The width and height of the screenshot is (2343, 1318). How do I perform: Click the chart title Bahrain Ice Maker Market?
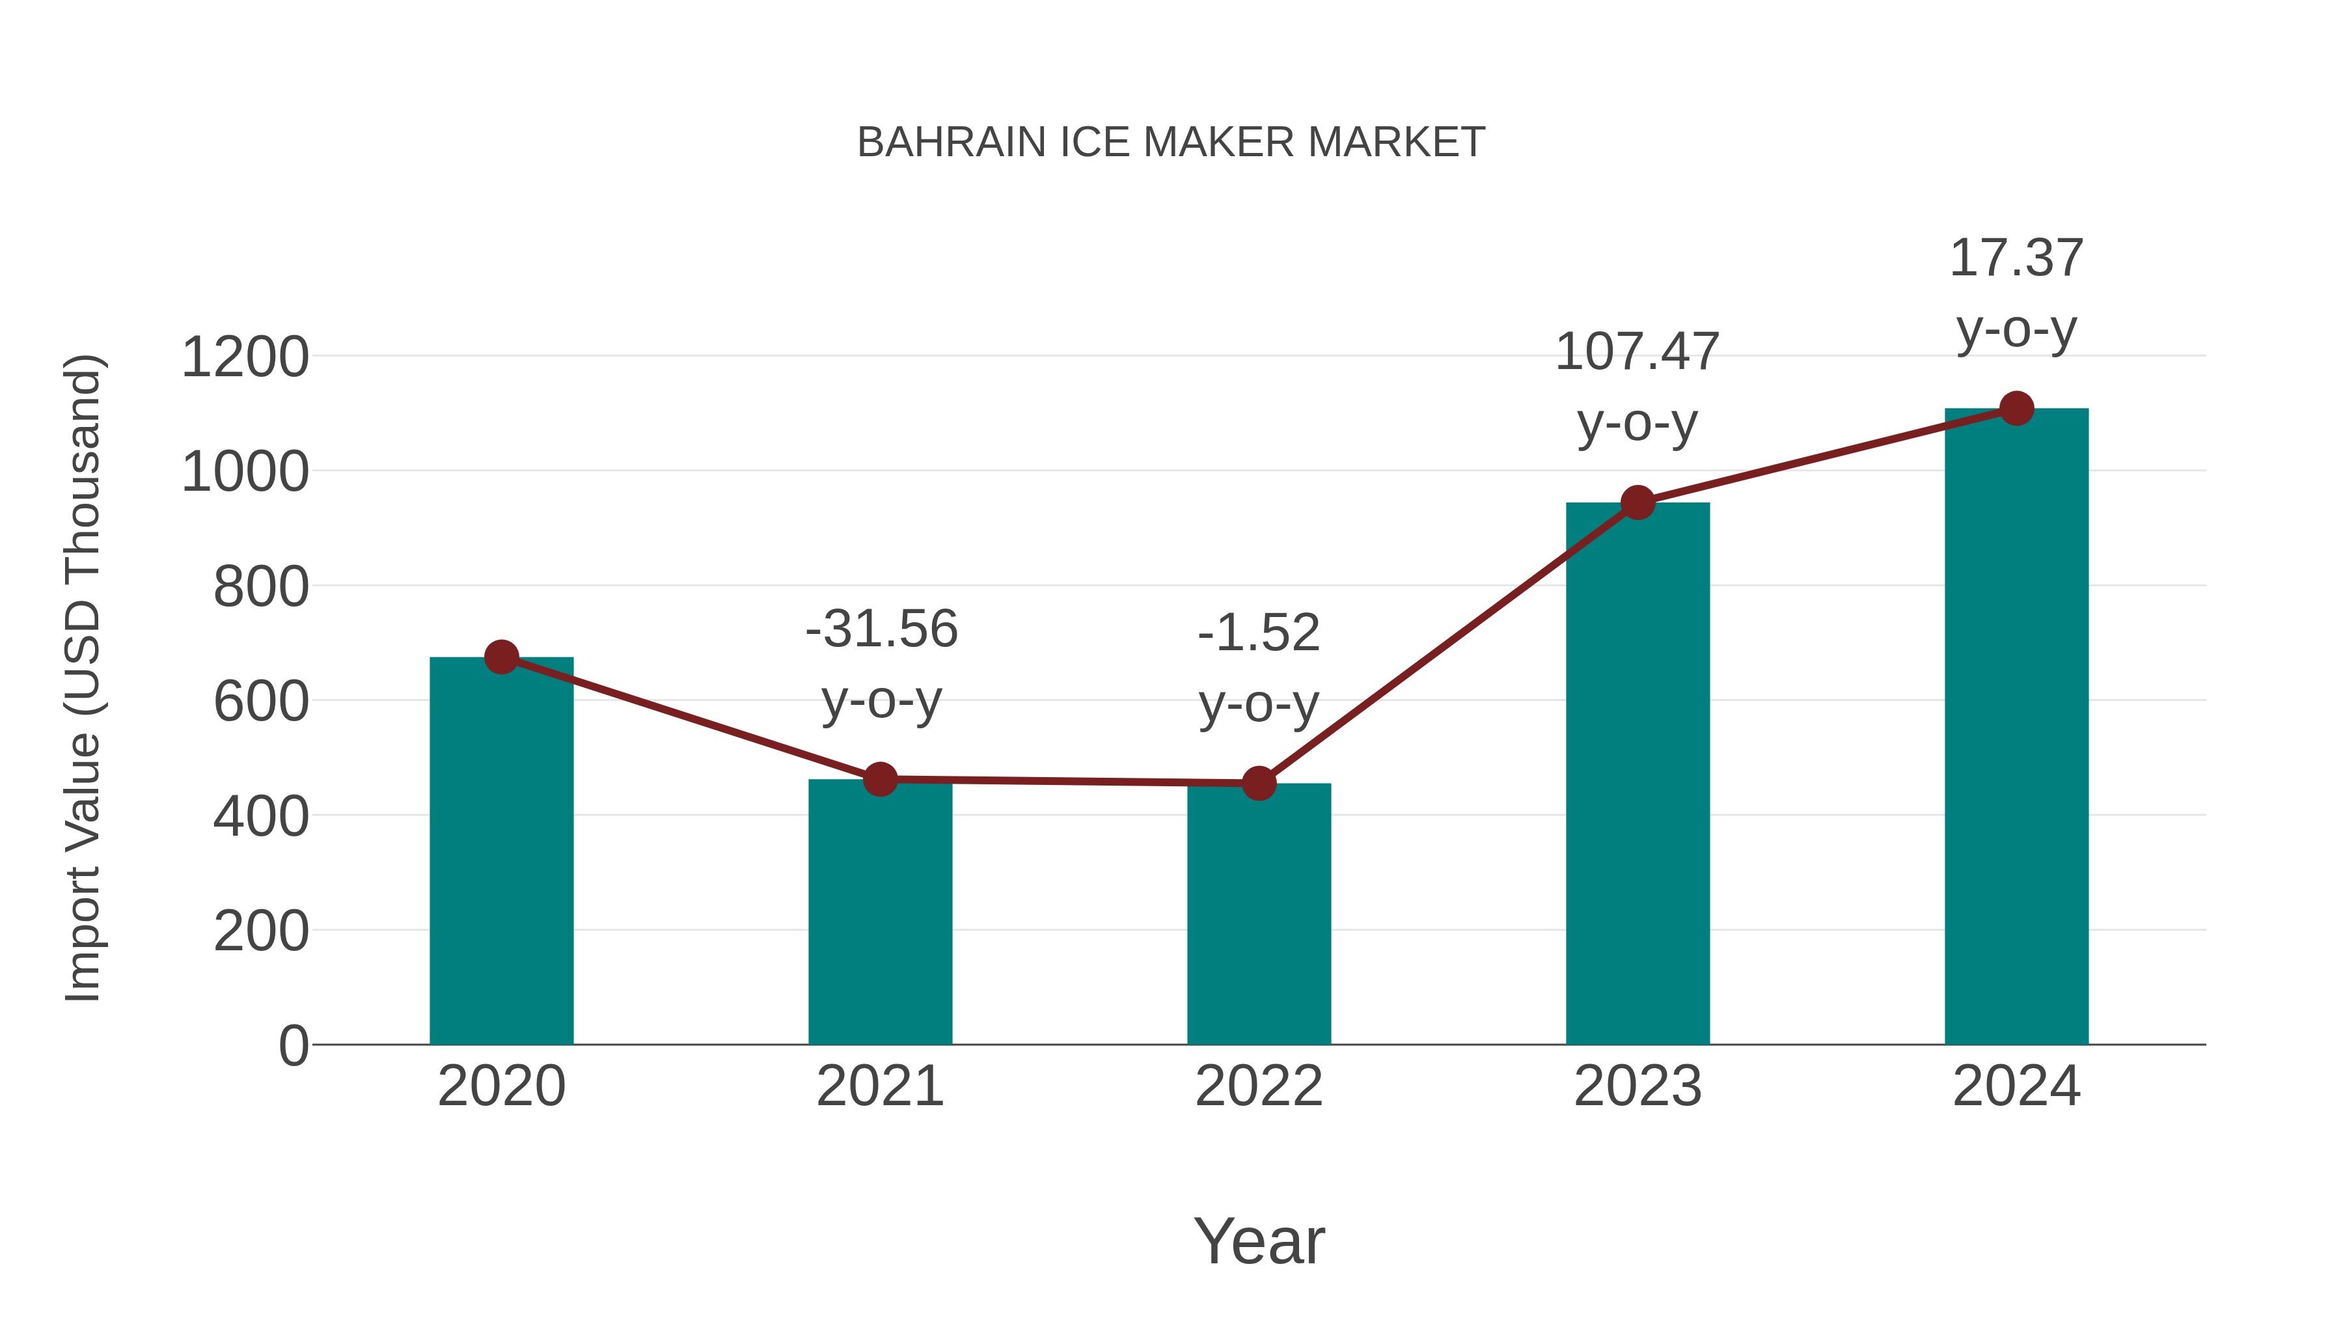pyautogui.click(x=1171, y=143)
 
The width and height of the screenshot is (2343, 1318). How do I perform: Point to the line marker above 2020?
pyautogui.click(x=501, y=657)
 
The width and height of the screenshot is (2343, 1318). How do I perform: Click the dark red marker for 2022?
pyautogui.click(x=1259, y=783)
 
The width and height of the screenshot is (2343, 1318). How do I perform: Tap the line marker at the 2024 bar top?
pyautogui.click(x=2016, y=408)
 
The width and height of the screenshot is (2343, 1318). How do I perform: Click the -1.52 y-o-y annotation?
pyautogui.click(x=1259, y=668)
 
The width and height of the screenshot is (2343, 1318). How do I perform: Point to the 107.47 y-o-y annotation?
pyautogui.click(x=1637, y=387)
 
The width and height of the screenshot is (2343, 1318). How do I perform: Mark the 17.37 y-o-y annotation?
pyautogui.click(x=2016, y=293)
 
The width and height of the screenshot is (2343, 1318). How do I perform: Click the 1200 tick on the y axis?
pyautogui.click(x=245, y=357)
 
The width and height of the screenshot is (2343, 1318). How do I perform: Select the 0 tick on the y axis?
pyautogui.click(x=293, y=1045)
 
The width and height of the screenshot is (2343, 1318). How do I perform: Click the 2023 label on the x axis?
pyautogui.click(x=1637, y=1086)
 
